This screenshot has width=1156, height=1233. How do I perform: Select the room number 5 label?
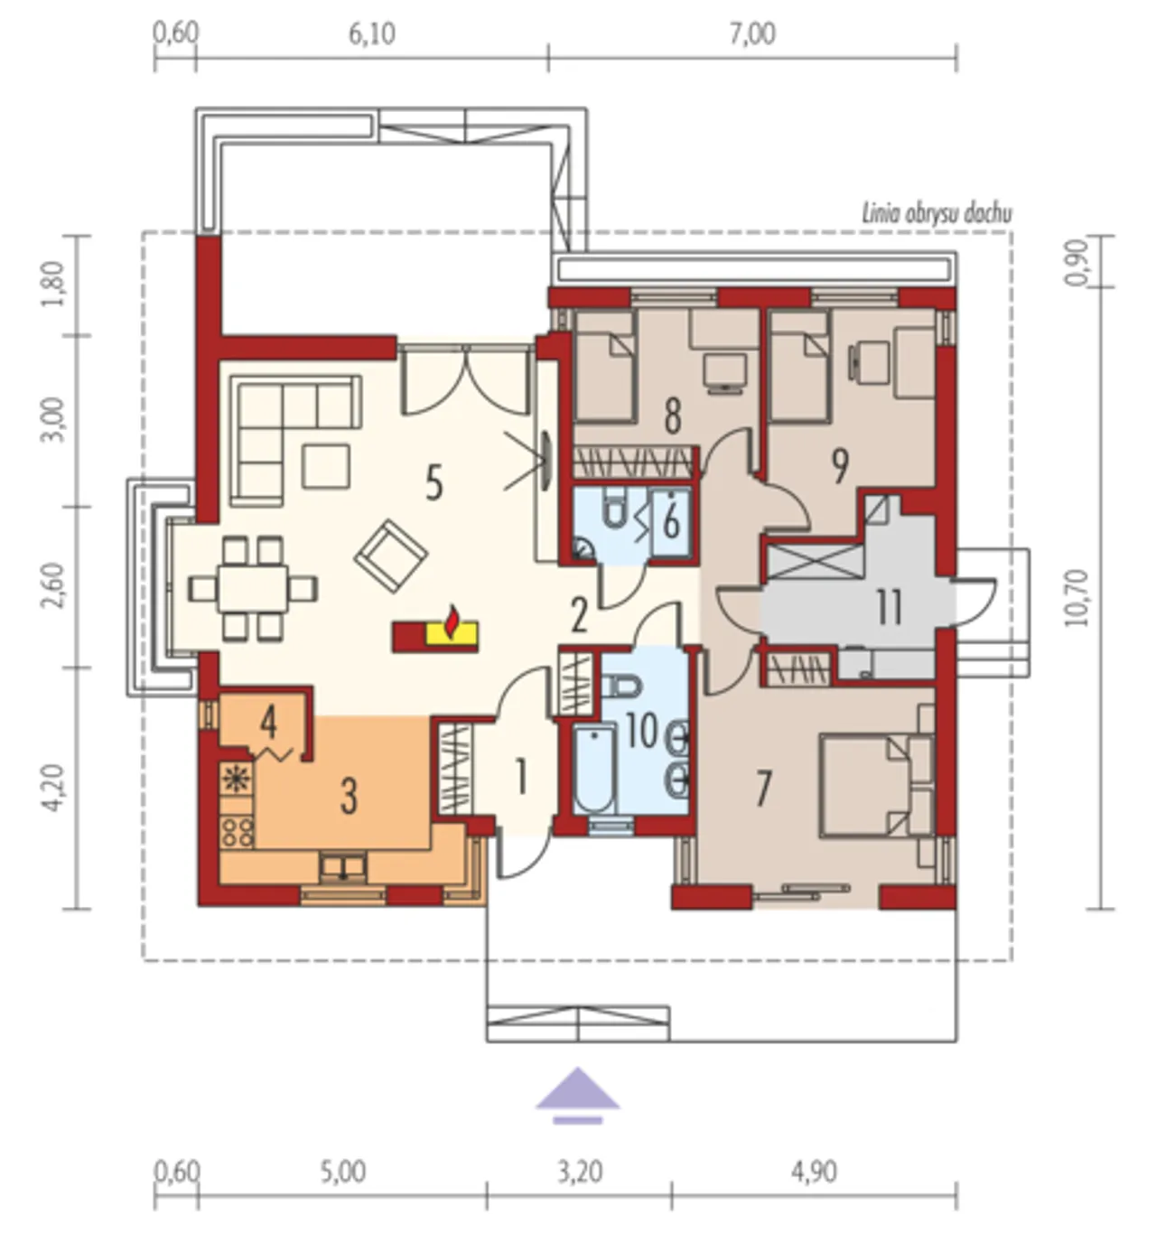[434, 483]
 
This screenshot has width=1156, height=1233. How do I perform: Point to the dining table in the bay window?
[253, 587]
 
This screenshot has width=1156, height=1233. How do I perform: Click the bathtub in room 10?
[594, 768]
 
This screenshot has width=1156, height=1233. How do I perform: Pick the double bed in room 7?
[876, 785]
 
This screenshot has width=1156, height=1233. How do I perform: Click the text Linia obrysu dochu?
[937, 213]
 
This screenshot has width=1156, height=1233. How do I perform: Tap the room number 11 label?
[889, 607]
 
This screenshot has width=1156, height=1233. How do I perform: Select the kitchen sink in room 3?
[342, 868]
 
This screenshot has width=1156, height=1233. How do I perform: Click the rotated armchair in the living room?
[390, 556]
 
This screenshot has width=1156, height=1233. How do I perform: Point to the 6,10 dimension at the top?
[371, 34]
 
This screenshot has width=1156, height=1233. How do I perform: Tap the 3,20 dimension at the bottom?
[579, 1172]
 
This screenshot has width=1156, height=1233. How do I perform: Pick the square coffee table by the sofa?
[325, 465]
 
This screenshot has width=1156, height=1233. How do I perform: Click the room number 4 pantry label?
[267, 723]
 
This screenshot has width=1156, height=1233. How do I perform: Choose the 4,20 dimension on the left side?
[54, 788]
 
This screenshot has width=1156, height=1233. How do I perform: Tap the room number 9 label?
[839, 466]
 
